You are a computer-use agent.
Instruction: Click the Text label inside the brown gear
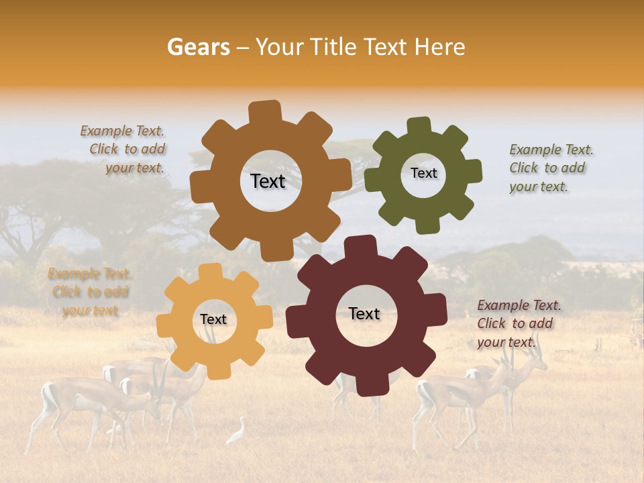(268, 181)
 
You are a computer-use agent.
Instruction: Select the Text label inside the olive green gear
(423, 173)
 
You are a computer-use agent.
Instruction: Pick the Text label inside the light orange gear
(213, 319)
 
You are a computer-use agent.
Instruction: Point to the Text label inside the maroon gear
(364, 313)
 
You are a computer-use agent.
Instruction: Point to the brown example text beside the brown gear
(125, 150)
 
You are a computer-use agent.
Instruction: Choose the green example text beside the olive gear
(549, 168)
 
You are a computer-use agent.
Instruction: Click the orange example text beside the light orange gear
(90, 292)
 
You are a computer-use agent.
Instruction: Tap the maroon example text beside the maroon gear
(517, 323)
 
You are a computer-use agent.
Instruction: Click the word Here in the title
(440, 47)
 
